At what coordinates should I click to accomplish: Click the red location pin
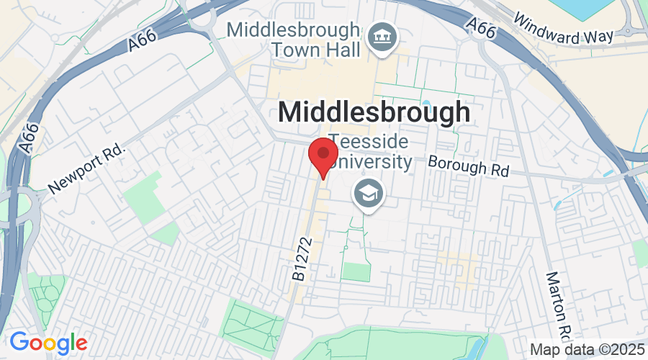click(323, 154)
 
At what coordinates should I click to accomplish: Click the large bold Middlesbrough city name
click(374, 112)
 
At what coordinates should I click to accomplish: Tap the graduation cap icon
click(368, 192)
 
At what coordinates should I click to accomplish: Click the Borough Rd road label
click(469, 166)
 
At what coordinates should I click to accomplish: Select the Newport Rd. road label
click(87, 170)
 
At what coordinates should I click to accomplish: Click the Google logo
click(48, 342)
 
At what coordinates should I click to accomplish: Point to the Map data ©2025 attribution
click(587, 348)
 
